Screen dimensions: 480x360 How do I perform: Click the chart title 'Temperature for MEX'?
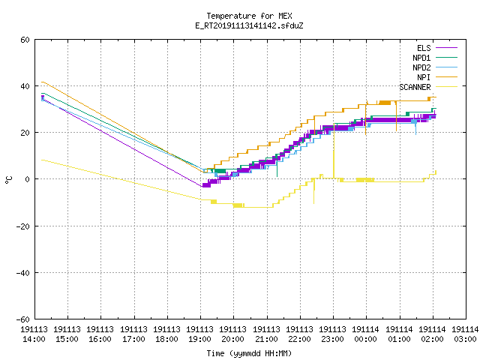click(249, 16)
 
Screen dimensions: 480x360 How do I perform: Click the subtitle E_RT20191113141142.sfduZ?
click(249, 25)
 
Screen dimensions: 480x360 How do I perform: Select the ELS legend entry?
click(424, 48)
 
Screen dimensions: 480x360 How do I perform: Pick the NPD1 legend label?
click(421, 58)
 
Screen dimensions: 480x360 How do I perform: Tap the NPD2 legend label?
click(421, 67)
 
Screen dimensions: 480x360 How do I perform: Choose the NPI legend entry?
click(424, 77)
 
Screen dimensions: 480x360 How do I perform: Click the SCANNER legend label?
click(415, 87)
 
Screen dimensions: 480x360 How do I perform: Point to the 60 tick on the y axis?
click(25, 40)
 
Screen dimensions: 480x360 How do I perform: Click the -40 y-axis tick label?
click(23, 273)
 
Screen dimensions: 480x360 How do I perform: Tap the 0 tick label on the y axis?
click(27, 179)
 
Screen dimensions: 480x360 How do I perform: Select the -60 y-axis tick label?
click(23, 319)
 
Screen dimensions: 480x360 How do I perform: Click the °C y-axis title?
click(9, 180)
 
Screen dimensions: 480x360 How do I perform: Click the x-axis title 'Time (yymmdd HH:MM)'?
click(249, 353)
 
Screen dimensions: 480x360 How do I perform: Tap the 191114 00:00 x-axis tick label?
click(365, 334)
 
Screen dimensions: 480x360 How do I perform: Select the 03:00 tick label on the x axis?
click(465, 339)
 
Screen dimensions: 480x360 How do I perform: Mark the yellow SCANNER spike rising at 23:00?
click(334, 153)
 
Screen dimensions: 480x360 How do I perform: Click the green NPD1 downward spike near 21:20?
click(277, 166)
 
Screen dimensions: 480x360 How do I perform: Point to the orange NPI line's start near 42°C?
click(42, 82)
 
